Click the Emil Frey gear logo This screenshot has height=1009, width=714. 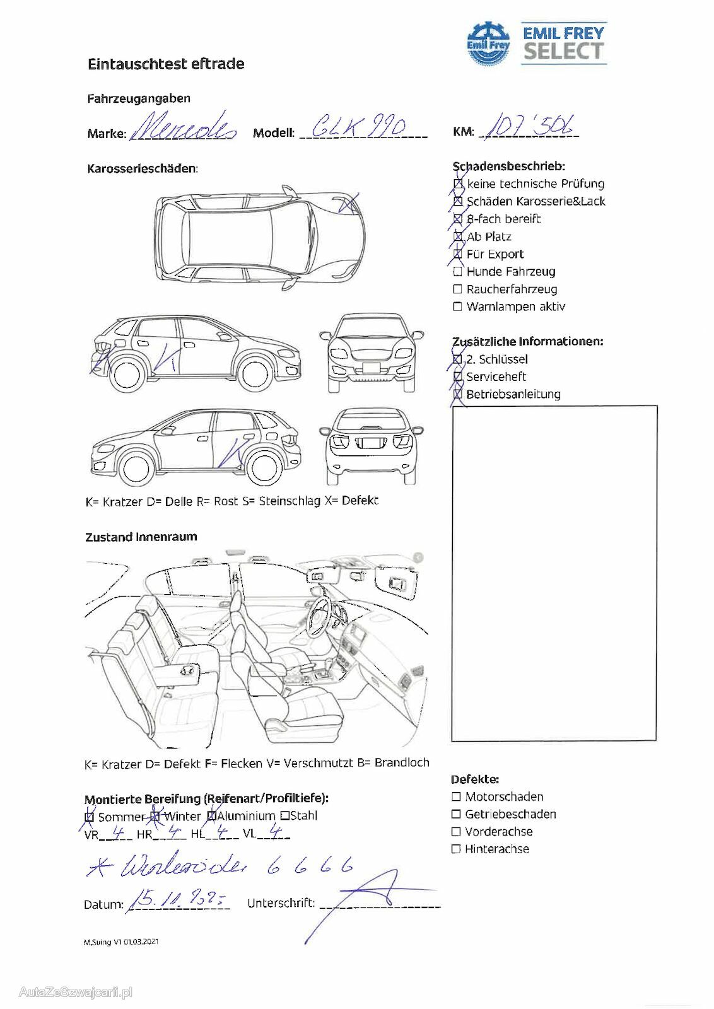pos(488,44)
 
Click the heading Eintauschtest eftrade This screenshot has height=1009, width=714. pos(166,64)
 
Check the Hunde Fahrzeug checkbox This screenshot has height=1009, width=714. pos(458,272)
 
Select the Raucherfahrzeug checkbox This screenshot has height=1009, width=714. pos(458,289)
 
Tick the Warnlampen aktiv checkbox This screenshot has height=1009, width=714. pos(458,307)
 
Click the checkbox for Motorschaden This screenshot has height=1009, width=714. pos(456,797)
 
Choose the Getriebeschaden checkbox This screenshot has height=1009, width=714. pos(456,815)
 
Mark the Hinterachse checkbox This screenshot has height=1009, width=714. pos(456,849)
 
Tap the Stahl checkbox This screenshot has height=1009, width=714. pos(285,816)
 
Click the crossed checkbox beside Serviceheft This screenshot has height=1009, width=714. pos(458,377)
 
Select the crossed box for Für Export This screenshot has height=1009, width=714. pos(458,254)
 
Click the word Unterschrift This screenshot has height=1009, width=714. pos(281,903)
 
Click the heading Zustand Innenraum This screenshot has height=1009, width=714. pos(141,537)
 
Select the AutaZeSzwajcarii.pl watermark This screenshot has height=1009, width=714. pos(75,993)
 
